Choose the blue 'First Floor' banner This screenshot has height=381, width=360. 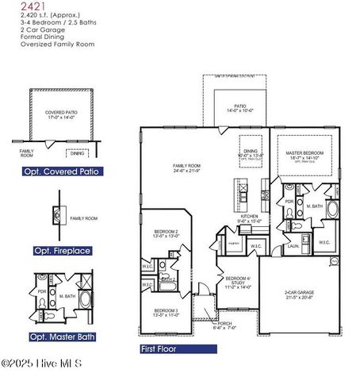click(x=158, y=348)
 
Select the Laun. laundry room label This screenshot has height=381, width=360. click(x=293, y=246)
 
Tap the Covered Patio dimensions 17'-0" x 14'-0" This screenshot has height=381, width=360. click(x=60, y=117)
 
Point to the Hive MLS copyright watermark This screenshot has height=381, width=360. click(x=48, y=364)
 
